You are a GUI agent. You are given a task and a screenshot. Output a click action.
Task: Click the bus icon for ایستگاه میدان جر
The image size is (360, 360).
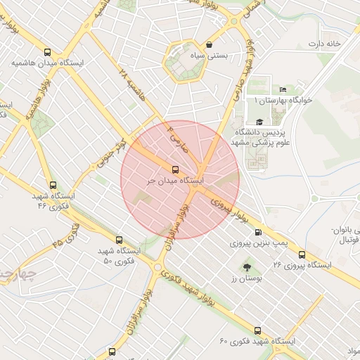click(x=176, y=169)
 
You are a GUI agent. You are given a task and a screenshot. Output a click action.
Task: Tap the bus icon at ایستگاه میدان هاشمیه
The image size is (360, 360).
click(x=47, y=52)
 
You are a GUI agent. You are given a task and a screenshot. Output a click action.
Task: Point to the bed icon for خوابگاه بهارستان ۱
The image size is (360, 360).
click(x=283, y=89)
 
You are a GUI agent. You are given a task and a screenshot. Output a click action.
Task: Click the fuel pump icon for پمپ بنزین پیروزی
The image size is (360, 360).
click(x=257, y=232)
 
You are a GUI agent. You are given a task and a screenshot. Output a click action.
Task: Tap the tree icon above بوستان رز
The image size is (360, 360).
click(x=247, y=267)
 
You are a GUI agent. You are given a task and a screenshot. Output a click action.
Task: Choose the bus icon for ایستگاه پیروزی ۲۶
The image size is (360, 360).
click(x=302, y=255)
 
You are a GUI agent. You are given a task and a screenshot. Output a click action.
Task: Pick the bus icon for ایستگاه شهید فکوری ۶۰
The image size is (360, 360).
click(x=257, y=330)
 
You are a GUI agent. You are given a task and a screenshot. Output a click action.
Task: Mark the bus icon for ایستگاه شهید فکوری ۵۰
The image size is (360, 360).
click(x=118, y=240)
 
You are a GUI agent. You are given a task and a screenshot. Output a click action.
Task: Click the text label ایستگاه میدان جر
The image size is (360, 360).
click(x=175, y=181)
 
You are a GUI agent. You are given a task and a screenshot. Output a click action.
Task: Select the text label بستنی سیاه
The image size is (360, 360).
click(x=190, y=56)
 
